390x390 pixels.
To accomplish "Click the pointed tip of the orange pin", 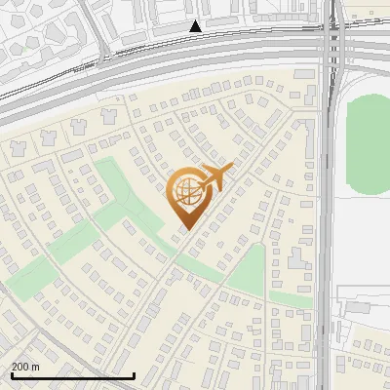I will tap(185, 230).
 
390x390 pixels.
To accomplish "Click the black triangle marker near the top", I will tap(196, 27).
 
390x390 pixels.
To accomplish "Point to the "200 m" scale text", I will tap(25, 366).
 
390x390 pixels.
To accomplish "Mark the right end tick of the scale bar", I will tap(134, 373).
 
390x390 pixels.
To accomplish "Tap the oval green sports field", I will tap(368, 136).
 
